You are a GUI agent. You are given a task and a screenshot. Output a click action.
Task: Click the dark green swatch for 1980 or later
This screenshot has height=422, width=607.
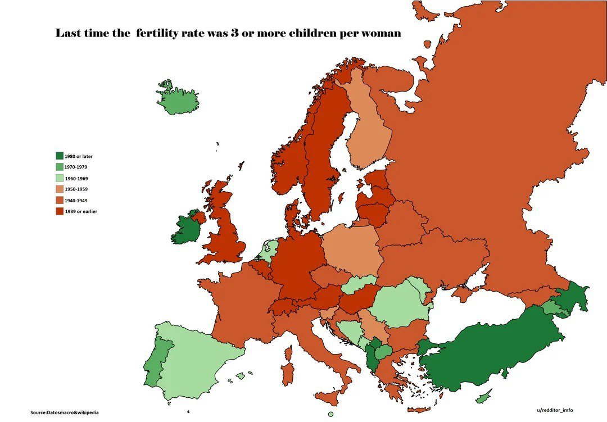click(59, 156)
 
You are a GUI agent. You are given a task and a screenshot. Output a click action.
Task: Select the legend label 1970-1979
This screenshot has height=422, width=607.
click(76, 167)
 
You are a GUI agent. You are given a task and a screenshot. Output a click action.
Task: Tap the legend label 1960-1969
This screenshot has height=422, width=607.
click(76, 178)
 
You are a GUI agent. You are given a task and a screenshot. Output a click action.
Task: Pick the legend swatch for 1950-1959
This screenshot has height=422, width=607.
click(59, 189)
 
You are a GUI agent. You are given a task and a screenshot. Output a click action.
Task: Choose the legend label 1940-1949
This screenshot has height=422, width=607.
click(76, 201)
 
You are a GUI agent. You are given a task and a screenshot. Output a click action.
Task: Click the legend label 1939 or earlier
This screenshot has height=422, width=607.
click(81, 211)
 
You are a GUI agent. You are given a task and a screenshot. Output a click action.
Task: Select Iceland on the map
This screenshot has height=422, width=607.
click(179, 100)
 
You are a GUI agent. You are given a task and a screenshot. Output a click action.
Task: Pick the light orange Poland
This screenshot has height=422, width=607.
click(353, 249)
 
